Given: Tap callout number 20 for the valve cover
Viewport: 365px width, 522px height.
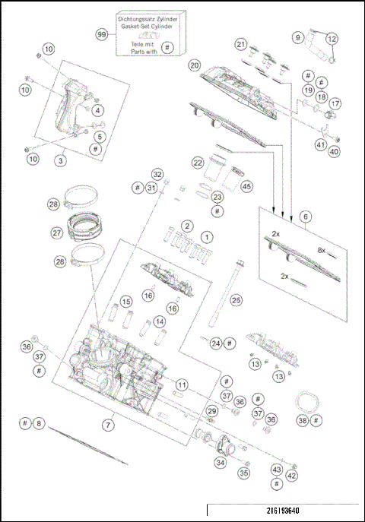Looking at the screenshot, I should [195, 65].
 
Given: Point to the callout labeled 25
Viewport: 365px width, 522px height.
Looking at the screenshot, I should [236, 301].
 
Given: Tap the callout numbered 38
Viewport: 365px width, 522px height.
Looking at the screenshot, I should [303, 420].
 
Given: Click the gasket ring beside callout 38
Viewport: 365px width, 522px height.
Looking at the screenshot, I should [307, 401].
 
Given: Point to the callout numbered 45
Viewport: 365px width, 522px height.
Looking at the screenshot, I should [246, 186].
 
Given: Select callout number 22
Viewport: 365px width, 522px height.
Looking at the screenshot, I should [198, 163].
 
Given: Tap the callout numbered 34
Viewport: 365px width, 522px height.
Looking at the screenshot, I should [221, 462].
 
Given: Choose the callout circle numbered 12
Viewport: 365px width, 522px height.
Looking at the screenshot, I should [331, 38].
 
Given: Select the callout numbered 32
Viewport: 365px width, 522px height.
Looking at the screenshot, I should [157, 174].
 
